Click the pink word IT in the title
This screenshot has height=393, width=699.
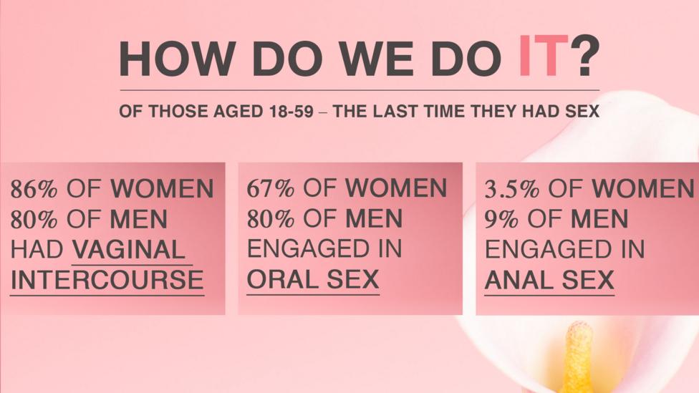tap(544, 57)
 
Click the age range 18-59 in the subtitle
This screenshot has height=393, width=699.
tap(291, 111)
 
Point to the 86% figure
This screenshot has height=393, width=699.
tap(34, 188)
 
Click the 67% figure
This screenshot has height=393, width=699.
tap(271, 188)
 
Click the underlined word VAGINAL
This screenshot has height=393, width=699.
tap(129, 250)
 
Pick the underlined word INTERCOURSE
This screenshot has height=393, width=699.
tap(107, 281)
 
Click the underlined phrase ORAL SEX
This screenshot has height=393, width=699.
tap(313, 279)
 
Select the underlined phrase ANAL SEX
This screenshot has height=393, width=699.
tap(549, 281)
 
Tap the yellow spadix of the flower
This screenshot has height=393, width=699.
tap(578, 360)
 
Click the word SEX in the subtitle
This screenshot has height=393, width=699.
tap(582, 111)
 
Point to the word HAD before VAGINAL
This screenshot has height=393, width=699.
tap(37, 250)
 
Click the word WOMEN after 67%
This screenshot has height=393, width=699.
tap(396, 188)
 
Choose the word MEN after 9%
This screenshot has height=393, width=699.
tap(599, 219)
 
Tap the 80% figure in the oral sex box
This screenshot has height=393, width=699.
tap(271, 219)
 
